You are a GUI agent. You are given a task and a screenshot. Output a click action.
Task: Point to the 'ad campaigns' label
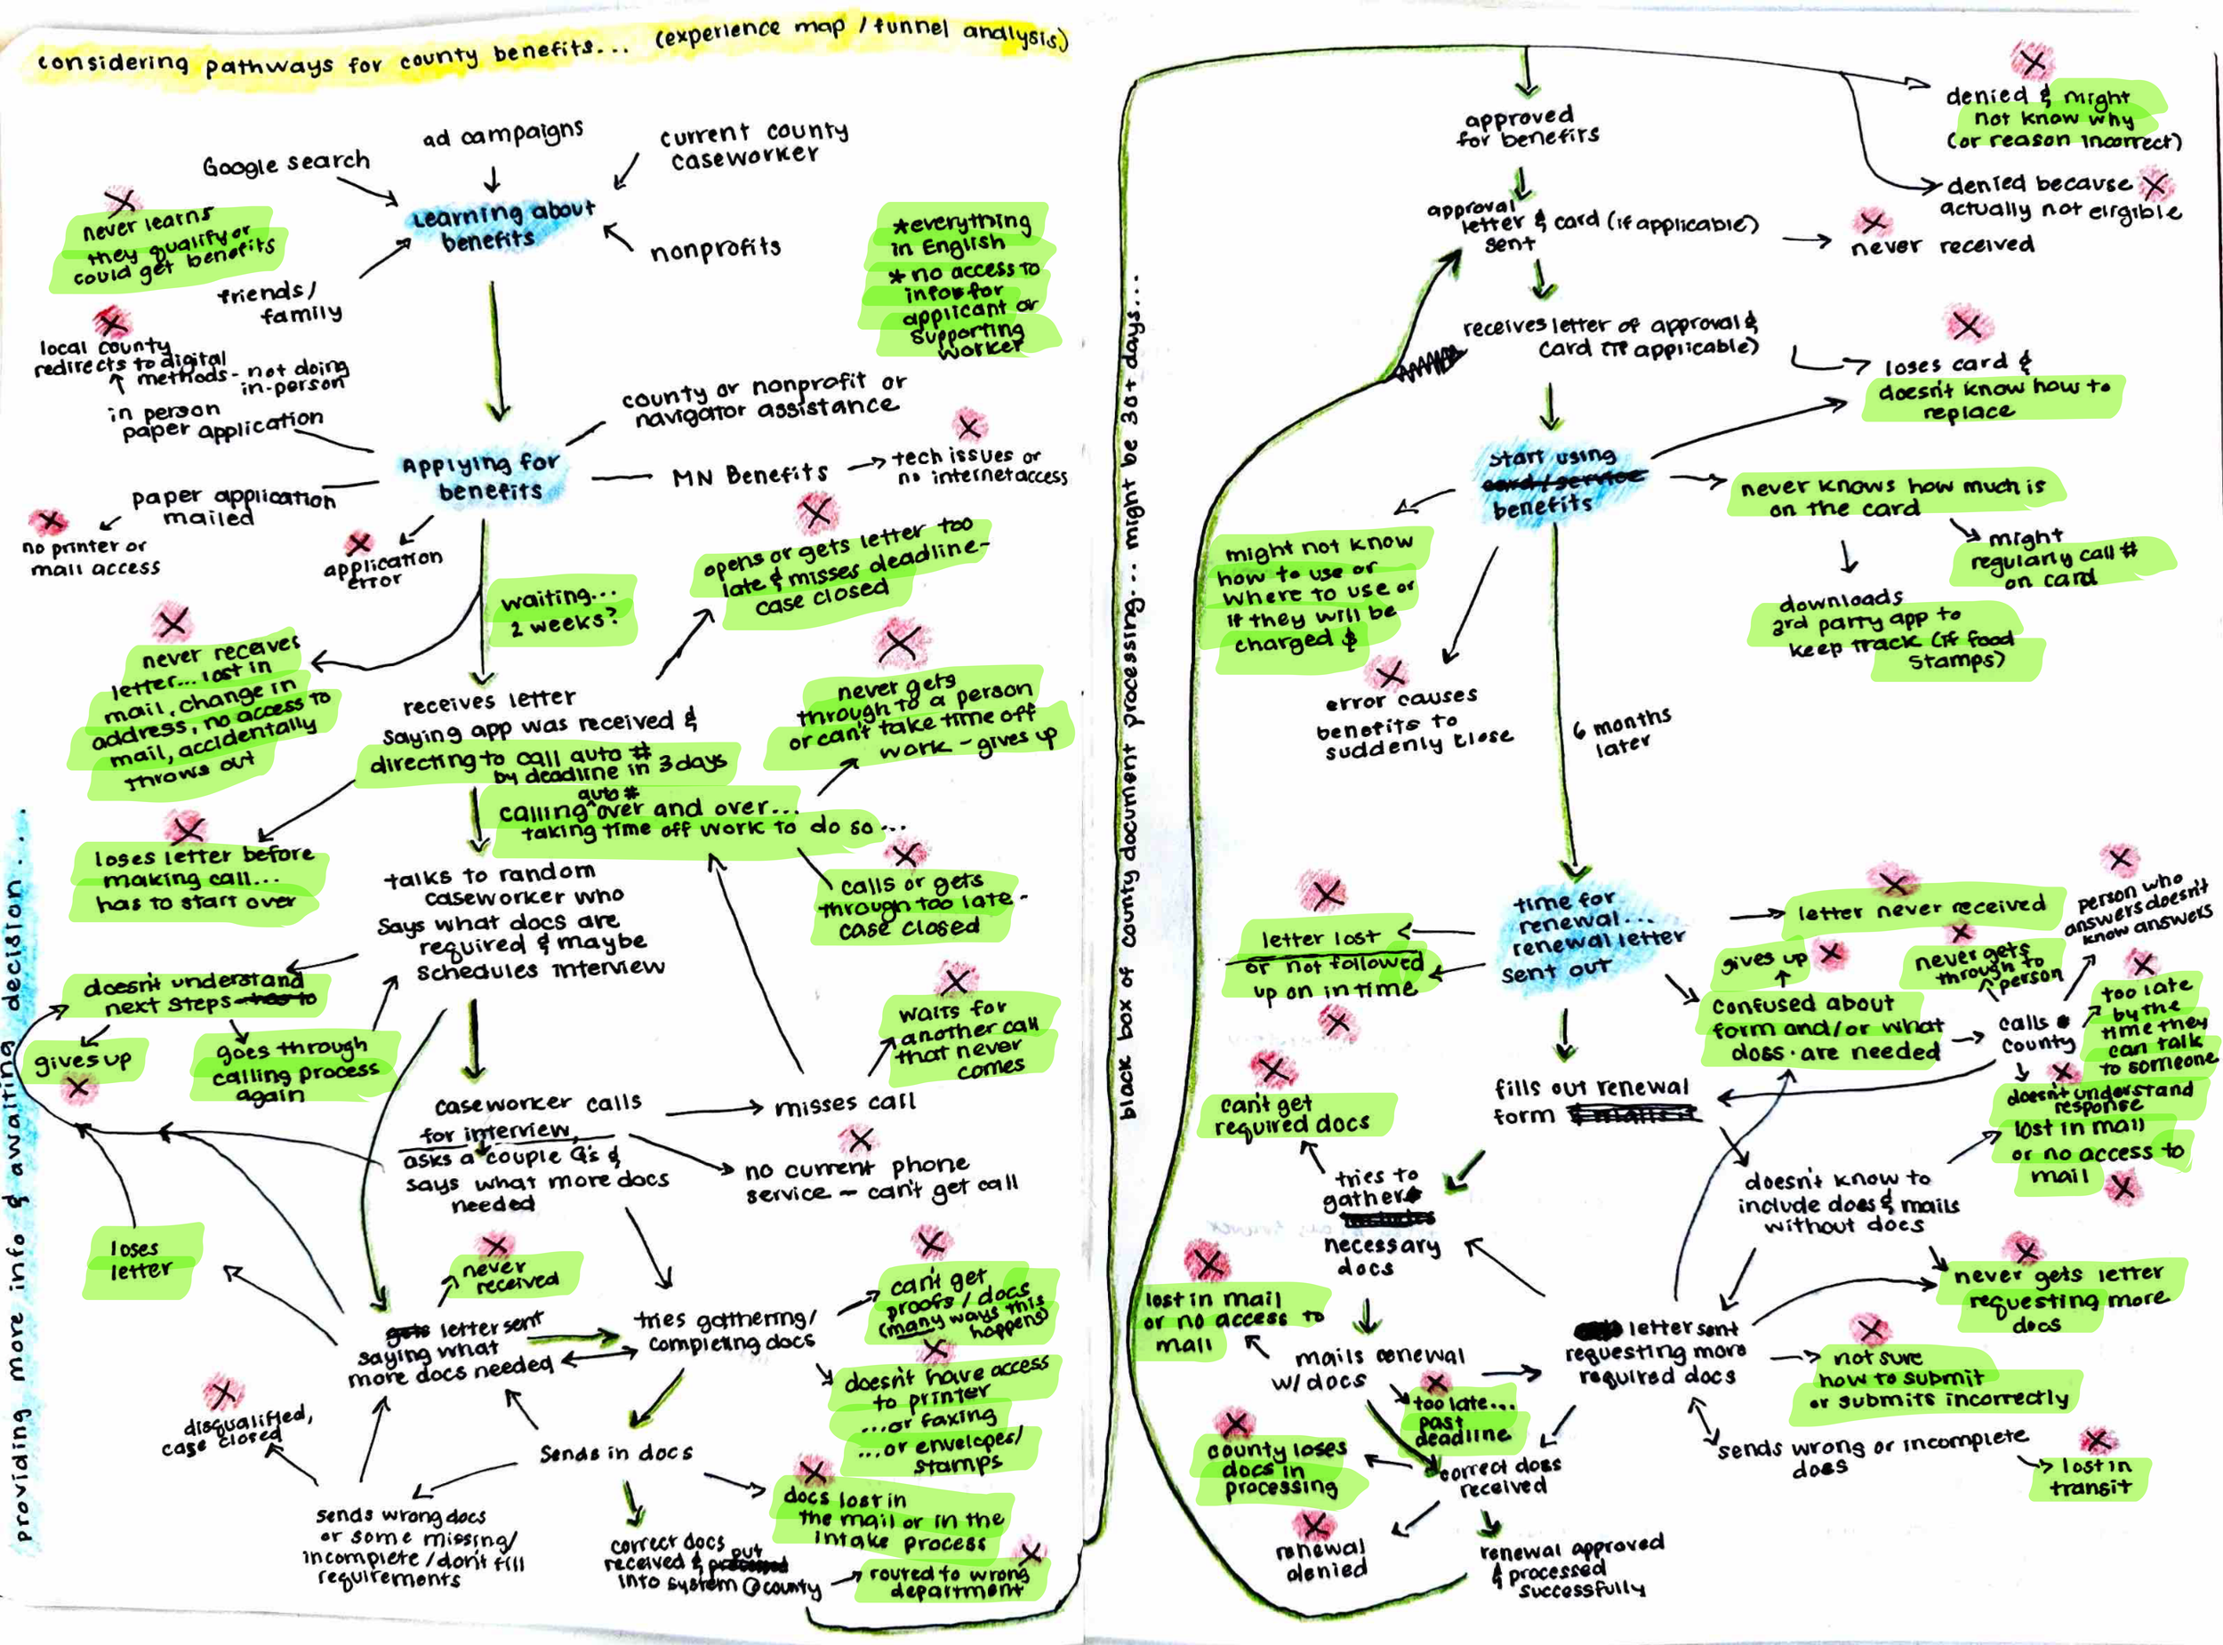[502, 133]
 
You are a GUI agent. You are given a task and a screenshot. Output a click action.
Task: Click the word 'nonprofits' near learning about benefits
[715, 249]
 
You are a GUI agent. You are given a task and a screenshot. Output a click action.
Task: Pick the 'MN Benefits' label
[750, 475]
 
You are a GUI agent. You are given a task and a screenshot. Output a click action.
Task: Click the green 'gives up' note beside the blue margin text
[84, 1062]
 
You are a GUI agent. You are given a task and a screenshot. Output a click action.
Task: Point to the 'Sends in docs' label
[615, 1453]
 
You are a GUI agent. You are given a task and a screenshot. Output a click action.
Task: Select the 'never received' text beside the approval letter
[1941, 245]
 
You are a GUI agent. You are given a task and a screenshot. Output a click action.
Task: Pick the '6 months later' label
[1621, 731]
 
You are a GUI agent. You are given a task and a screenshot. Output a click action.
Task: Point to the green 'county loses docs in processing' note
[1277, 1468]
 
